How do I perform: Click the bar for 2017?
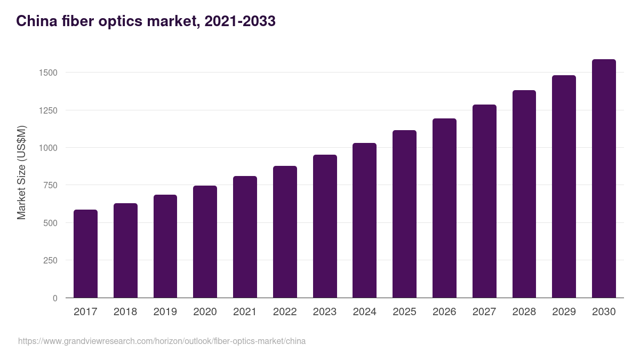[85, 254]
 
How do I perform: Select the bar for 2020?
[205, 242]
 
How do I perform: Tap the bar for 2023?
[325, 226]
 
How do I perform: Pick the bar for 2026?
[444, 208]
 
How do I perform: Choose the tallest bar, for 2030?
[604, 179]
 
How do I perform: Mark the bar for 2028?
[524, 194]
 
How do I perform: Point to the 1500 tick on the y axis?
[47, 73]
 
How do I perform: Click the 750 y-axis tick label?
[50, 186]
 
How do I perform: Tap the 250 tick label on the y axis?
[50, 261]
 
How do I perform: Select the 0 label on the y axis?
[55, 299]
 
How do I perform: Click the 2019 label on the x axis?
[165, 312]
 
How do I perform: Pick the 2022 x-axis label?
[285, 312]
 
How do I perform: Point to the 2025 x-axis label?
[404, 312]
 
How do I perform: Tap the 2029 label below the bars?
[564, 312]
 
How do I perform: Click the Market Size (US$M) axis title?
[21, 172]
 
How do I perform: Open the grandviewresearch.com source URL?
[162, 341]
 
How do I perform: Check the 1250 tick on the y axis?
[47, 110]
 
